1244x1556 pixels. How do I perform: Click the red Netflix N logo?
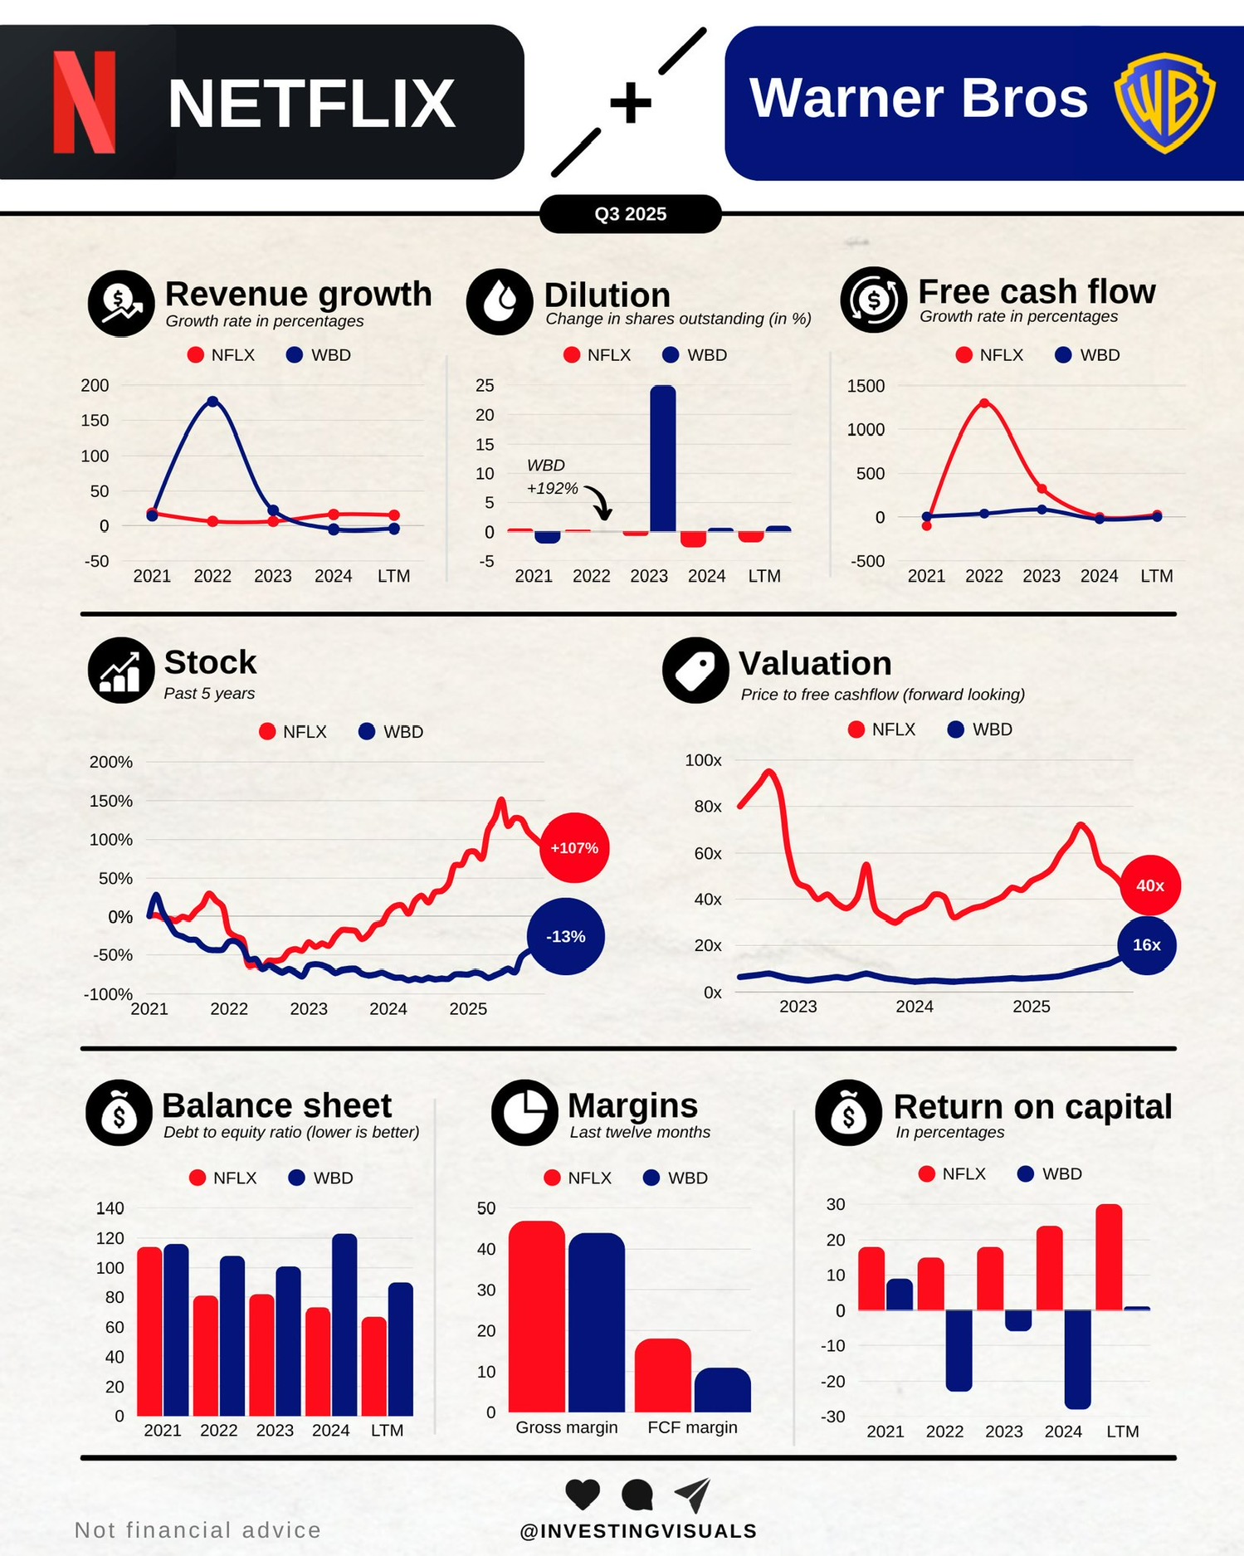coord(84,102)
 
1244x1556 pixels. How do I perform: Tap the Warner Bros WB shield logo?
coord(1164,102)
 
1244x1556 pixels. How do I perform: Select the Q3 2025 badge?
coord(630,214)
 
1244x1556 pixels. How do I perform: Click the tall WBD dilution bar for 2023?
coord(662,458)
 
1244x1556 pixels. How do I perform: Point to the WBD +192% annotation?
coord(552,477)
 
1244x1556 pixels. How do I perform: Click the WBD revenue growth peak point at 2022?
coord(212,402)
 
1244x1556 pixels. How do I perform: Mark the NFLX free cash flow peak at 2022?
coord(984,403)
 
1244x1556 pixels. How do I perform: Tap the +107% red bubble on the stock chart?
coord(574,848)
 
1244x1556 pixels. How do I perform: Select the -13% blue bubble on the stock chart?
coord(566,936)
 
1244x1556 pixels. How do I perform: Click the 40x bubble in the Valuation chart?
coord(1149,885)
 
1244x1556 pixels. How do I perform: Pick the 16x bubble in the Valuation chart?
coord(1146,944)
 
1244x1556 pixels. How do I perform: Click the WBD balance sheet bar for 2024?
coord(344,1324)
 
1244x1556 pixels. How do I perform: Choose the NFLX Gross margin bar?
coord(537,1316)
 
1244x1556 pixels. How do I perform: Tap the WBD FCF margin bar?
coord(722,1390)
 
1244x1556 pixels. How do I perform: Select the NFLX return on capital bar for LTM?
coord(1109,1257)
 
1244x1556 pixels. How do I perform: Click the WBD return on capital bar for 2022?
coord(959,1350)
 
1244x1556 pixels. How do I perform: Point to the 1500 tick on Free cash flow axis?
coord(866,386)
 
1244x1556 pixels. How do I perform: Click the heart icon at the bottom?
coord(583,1495)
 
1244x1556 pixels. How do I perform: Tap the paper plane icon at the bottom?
coord(692,1495)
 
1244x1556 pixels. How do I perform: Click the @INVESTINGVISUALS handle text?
coord(638,1531)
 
